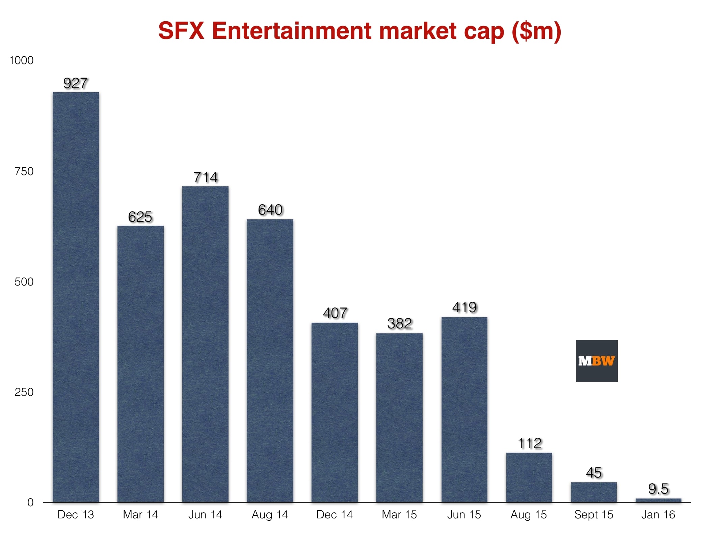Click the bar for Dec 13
(x=76, y=297)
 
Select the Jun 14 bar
(x=205, y=344)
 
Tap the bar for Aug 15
(x=529, y=477)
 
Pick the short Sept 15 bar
(x=594, y=492)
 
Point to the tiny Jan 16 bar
(x=658, y=500)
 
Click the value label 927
(x=76, y=83)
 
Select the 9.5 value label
(x=658, y=489)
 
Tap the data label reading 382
(x=399, y=324)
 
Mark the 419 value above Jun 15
(x=464, y=307)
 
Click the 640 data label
(x=270, y=210)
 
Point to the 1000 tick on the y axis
(x=21, y=60)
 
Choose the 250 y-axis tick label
(x=24, y=392)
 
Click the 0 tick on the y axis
(x=30, y=503)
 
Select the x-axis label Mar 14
(x=140, y=515)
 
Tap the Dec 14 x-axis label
(x=335, y=515)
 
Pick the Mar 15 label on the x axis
(x=399, y=515)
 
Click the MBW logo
(x=596, y=361)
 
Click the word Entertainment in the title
(x=292, y=31)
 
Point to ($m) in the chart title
(x=536, y=31)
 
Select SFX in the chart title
(x=181, y=31)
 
